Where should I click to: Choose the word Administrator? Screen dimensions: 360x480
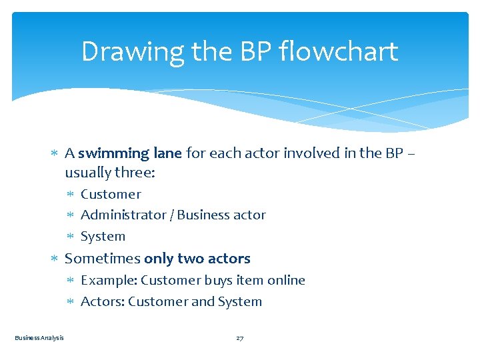click(x=123, y=215)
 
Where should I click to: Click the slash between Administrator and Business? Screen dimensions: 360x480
click(x=172, y=215)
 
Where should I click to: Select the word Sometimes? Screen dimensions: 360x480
click(x=102, y=259)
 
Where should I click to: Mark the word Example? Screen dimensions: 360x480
click(x=109, y=280)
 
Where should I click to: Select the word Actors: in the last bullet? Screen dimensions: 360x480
click(x=103, y=301)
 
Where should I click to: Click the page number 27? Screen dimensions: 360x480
click(x=240, y=338)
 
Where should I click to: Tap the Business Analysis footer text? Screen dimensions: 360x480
click(x=39, y=338)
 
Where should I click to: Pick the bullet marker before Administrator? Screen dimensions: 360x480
click(x=72, y=215)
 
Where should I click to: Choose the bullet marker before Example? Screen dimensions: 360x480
click(x=72, y=281)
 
